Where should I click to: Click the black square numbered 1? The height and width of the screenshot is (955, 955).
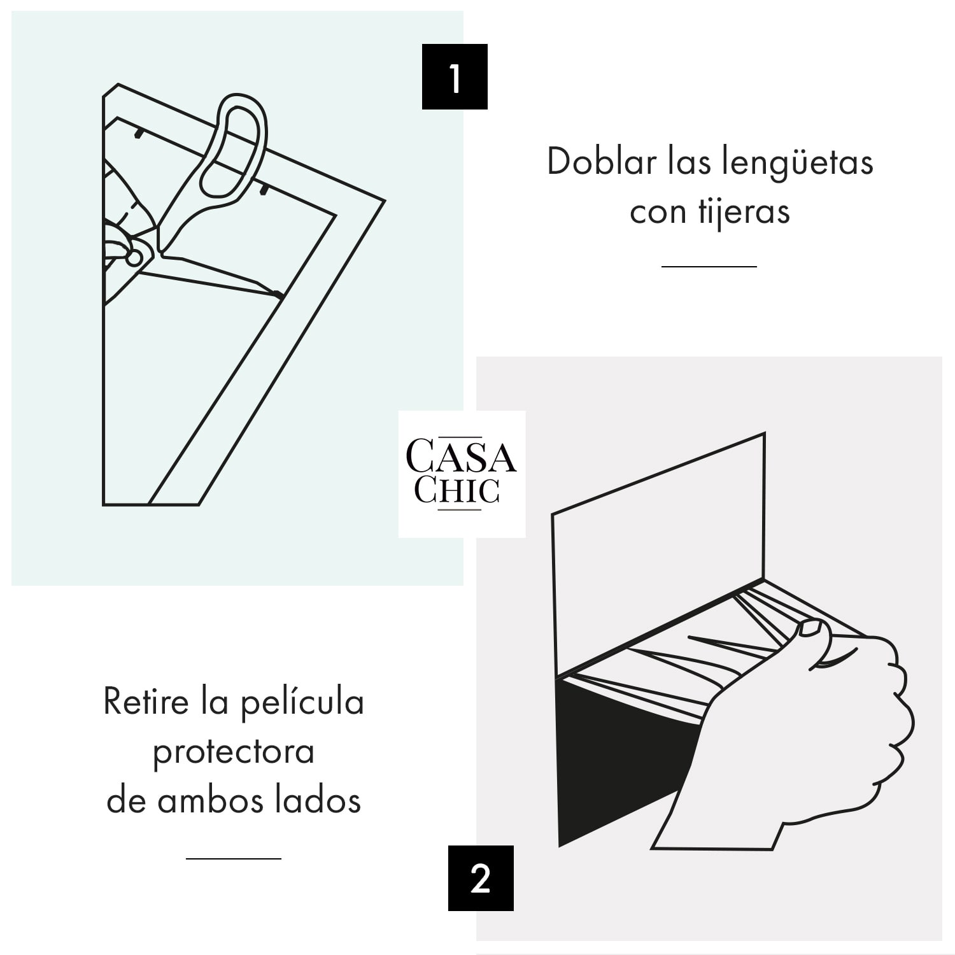coord(455,77)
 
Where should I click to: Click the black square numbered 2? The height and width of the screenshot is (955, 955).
coord(481,878)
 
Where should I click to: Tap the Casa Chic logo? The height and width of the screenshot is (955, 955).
coord(462,474)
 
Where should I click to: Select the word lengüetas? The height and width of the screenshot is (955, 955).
coord(797,163)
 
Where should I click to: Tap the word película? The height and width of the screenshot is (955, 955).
coord(302,703)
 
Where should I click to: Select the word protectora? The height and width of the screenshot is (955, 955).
coord(234,752)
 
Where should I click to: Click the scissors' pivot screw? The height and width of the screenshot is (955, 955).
coord(134,257)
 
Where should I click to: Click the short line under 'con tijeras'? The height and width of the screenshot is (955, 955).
coord(709,266)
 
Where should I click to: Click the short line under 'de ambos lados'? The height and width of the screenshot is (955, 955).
coord(234,858)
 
